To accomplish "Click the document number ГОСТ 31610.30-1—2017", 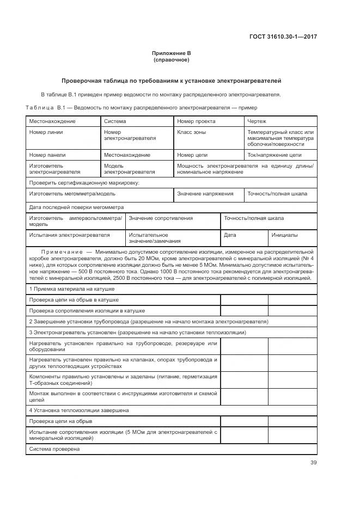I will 283,37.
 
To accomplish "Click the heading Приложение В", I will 171,53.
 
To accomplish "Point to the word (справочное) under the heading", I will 171,59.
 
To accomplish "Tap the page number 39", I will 313,463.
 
